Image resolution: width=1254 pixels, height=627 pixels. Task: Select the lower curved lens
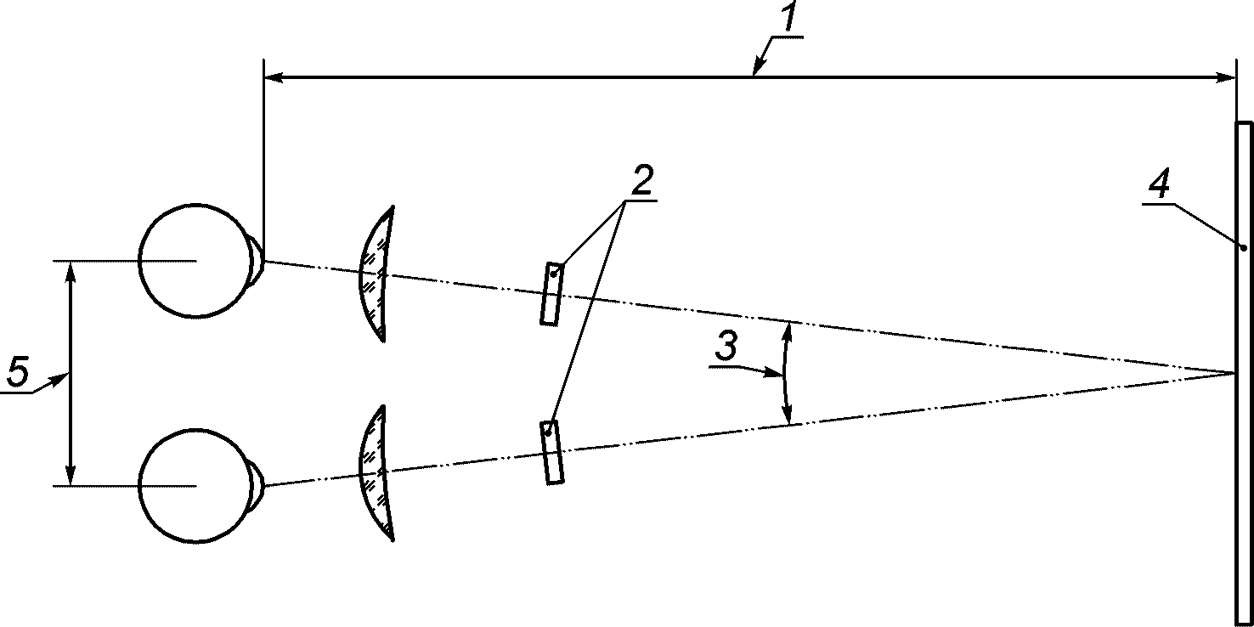tap(376, 472)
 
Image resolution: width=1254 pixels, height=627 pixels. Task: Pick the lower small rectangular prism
tap(552, 453)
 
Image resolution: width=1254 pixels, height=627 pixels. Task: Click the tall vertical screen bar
tap(1244, 374)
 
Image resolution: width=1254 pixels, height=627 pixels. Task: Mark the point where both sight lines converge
tap(1234, 373)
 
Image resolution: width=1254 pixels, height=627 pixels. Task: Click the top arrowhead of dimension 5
tap(71, 268)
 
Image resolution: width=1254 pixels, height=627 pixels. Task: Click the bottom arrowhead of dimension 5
tap(71, 477)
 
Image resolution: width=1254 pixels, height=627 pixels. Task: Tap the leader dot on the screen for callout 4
tap(1244, 248)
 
